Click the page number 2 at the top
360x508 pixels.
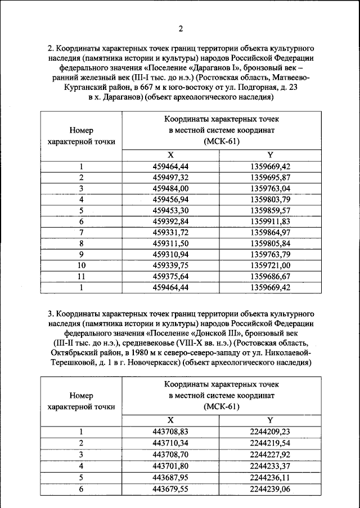click(x=181, y=29)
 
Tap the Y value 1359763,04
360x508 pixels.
click(x=270, y=188)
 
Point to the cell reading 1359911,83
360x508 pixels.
click(x=270, y=221)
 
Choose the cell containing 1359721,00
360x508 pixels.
click(x=270, y=265)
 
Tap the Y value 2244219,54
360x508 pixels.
click(x=270, y=443)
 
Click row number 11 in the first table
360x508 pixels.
click(x=82, y=276)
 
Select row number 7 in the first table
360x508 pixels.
click(x=82, y=232)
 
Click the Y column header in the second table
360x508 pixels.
click(x=270, y=420)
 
